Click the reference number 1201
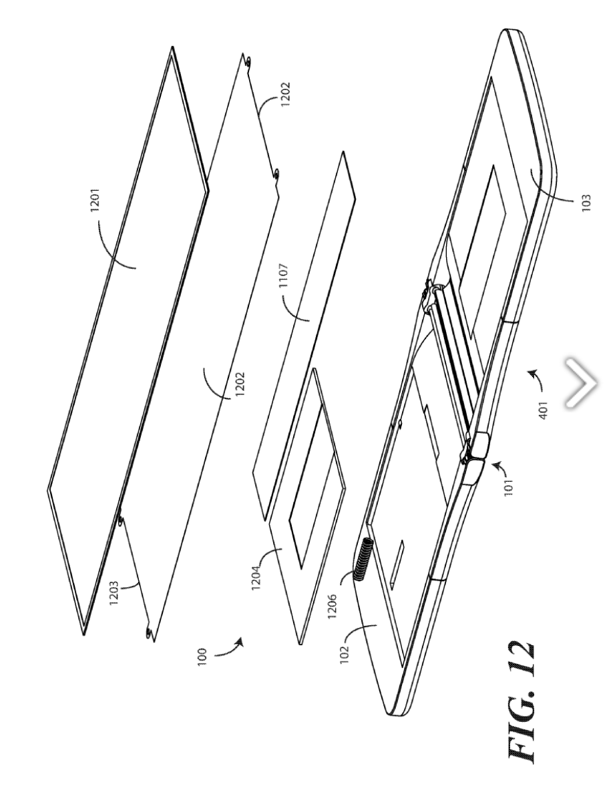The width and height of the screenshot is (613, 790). [x=95, y=207]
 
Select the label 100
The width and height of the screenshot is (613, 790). [x=202, y=657]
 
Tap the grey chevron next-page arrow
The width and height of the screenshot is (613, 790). [x=581, y=382]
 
